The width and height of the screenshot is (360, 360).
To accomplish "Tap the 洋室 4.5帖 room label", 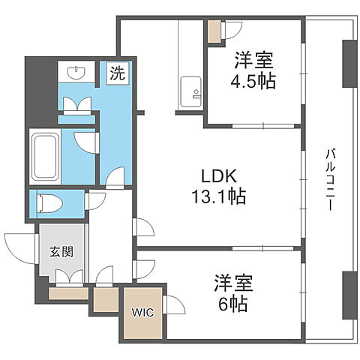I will (253, 70).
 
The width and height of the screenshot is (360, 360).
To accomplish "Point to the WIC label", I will (142, 313).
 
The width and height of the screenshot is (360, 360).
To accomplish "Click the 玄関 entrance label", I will (62, 251).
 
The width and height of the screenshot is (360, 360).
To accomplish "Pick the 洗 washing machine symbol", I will (117, 73).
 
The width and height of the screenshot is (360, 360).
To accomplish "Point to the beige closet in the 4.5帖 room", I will (215, 31).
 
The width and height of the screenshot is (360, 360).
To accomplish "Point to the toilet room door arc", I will (96, 201).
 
